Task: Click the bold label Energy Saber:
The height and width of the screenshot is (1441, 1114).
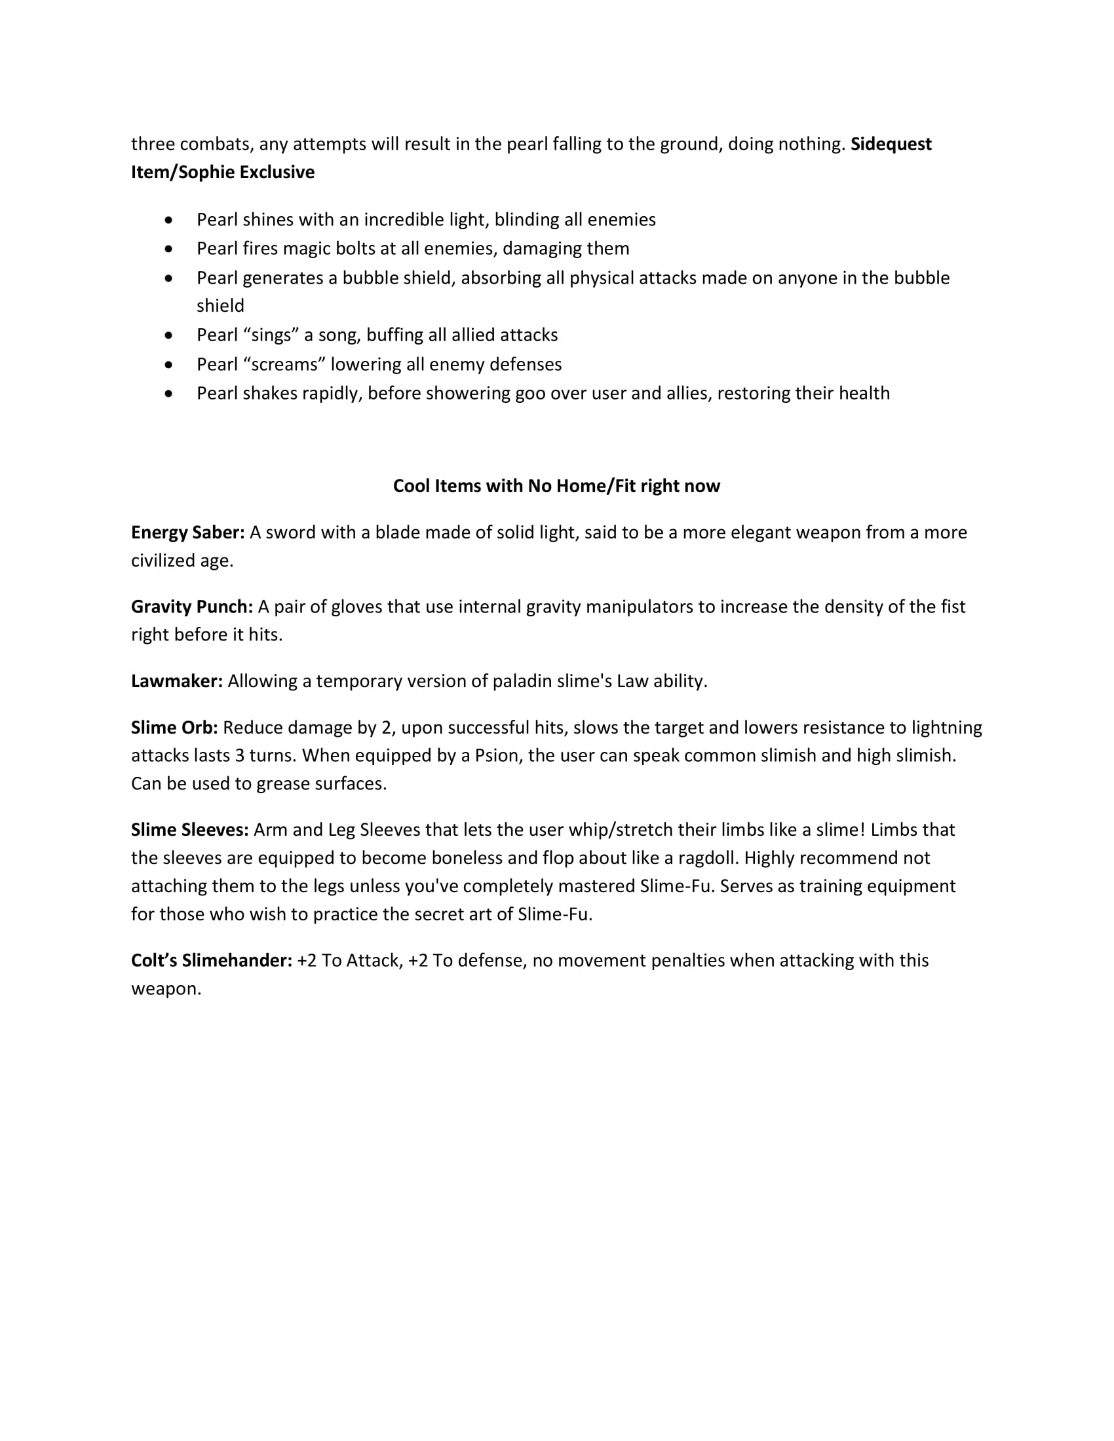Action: pos(187,533)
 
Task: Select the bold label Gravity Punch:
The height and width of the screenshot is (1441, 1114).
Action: pos(192,607)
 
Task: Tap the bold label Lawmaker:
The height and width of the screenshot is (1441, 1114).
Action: pos(177,681)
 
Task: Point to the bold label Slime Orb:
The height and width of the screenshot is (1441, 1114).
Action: pos(174,728)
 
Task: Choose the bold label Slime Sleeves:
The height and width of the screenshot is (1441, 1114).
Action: pos(189,830)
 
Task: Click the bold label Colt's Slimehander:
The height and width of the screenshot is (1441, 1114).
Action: pos(211,961)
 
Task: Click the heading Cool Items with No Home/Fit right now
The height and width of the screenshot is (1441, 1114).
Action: pos(556,486)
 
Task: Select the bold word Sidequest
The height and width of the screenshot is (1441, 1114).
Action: pos(891,144)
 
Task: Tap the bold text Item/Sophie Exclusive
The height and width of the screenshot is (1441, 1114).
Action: pos(222,172)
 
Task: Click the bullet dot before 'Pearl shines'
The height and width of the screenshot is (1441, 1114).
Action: pos(170,219)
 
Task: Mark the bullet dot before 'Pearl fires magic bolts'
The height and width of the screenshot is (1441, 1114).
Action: pos(170,249)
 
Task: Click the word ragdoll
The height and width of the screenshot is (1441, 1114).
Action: pos(702,859)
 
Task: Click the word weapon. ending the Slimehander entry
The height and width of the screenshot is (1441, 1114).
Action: pos(166,989)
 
